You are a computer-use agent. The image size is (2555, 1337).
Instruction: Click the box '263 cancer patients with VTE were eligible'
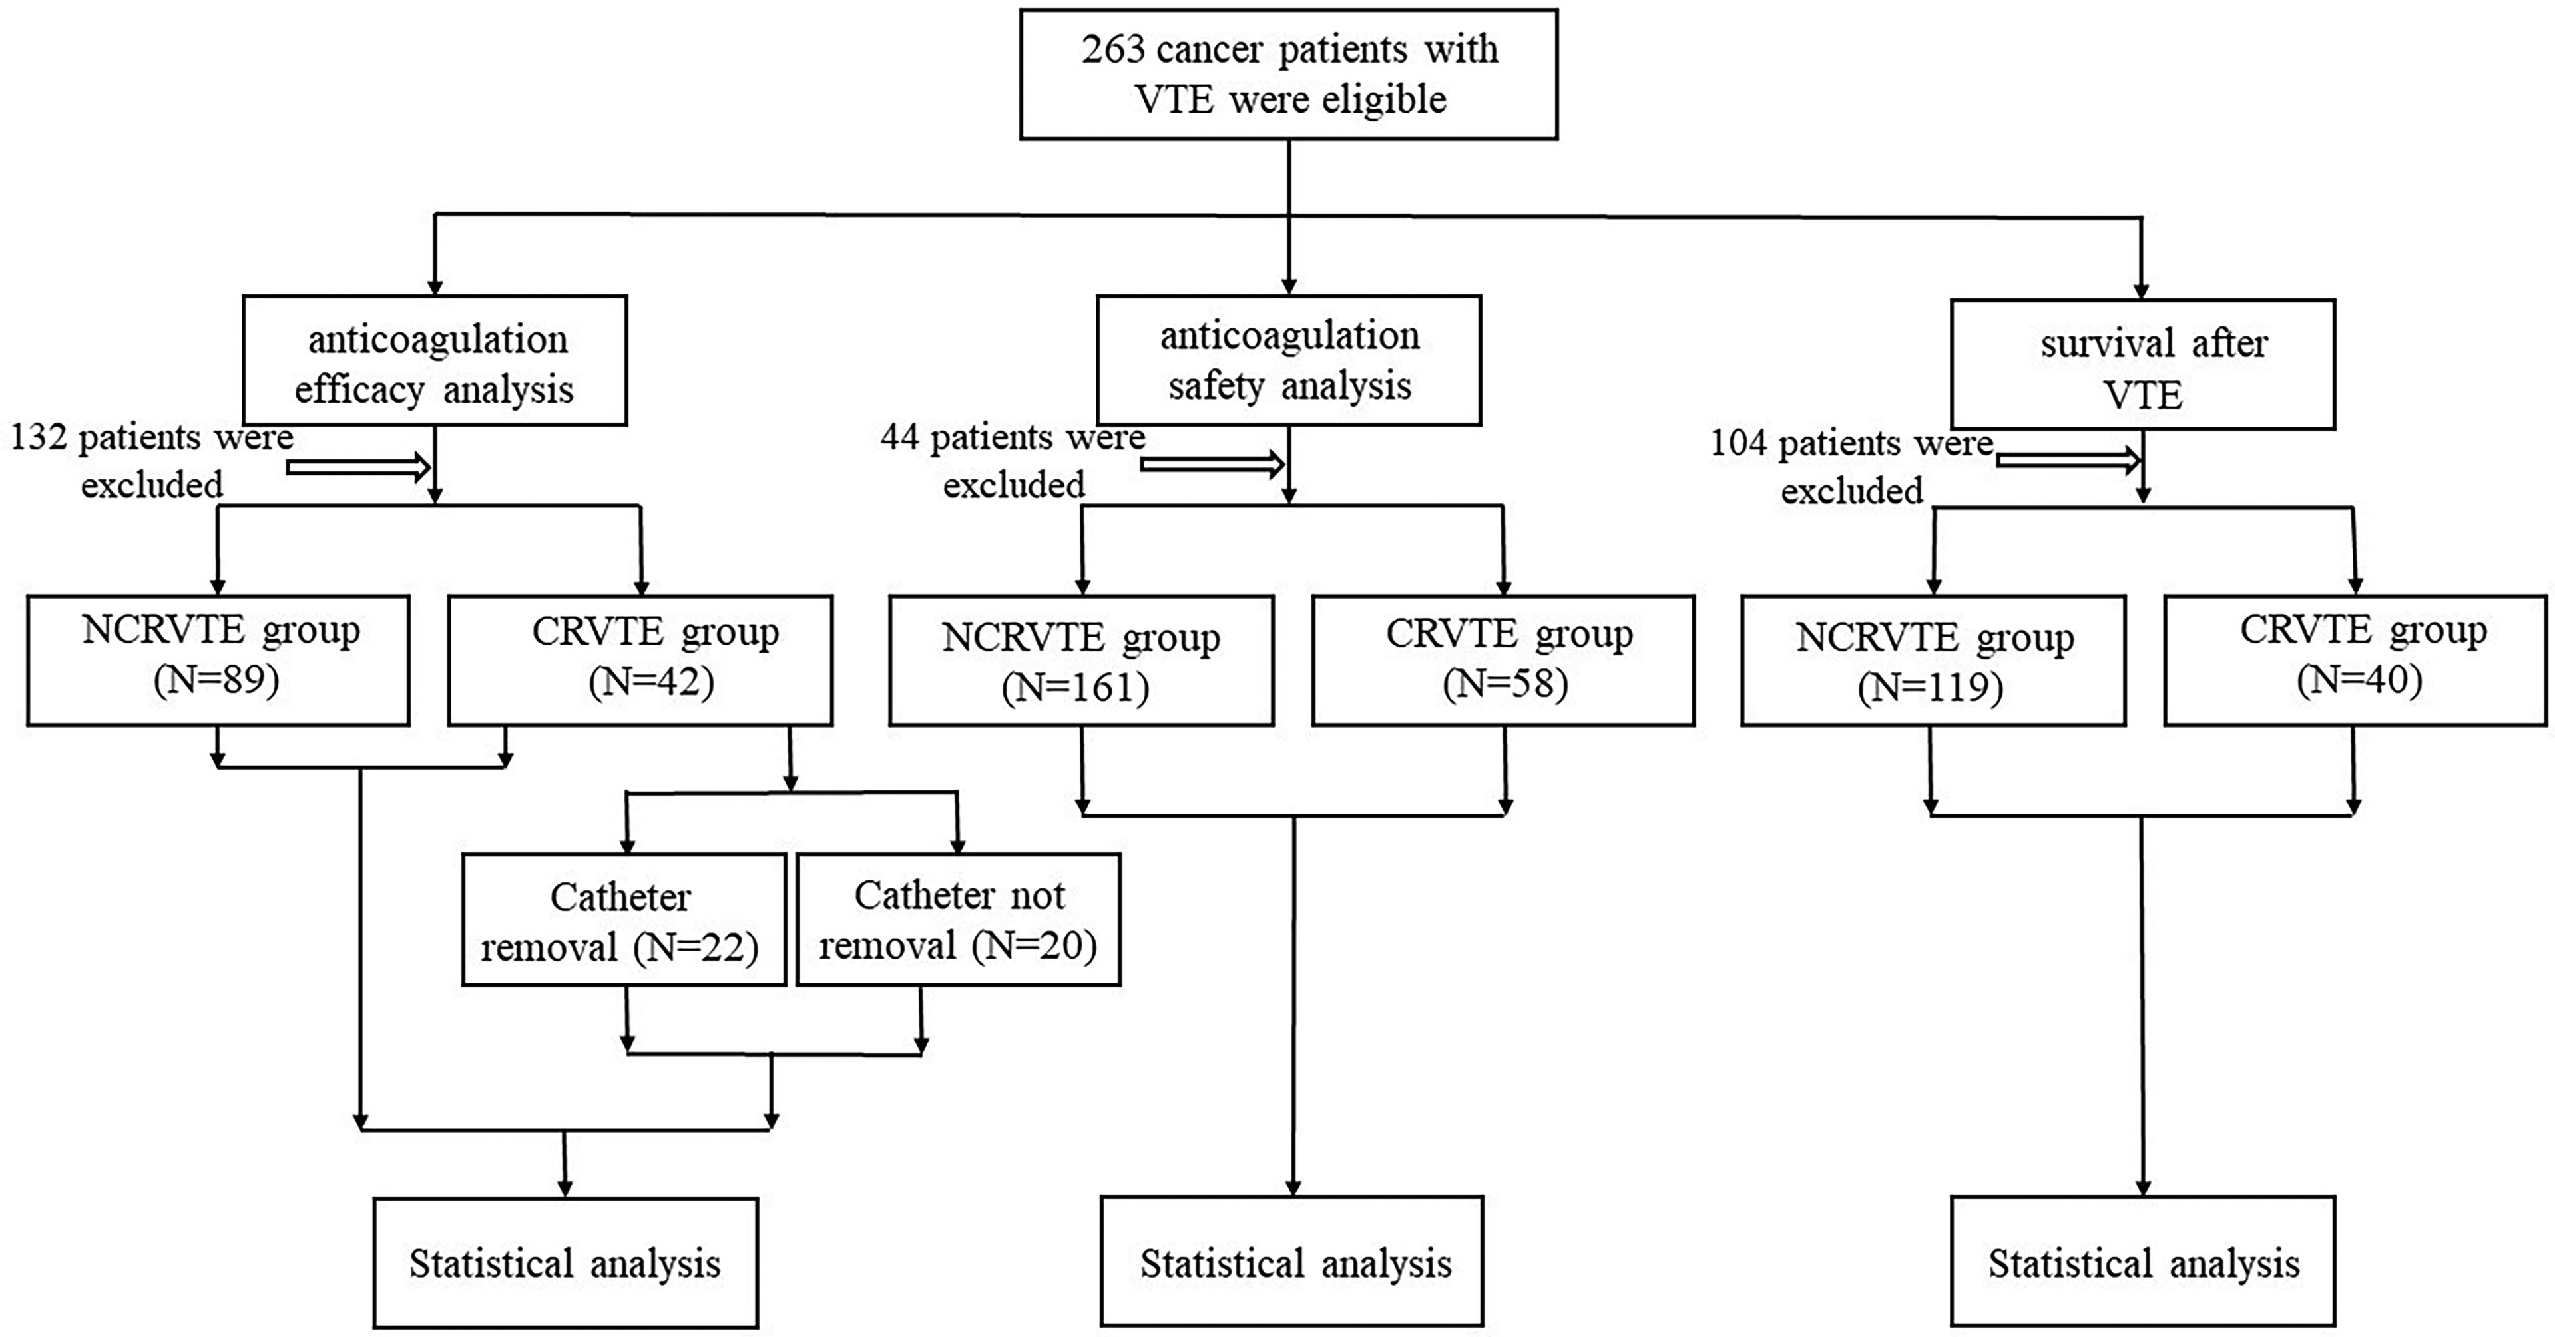tap(1288, 75)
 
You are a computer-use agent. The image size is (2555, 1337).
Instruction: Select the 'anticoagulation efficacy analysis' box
tap(435, 360)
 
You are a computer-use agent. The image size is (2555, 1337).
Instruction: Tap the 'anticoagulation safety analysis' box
tap(1288, 360)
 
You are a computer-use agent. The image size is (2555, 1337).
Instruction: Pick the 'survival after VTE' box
tap(2142, 364)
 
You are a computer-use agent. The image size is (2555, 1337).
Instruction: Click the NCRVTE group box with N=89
tap(218, 660)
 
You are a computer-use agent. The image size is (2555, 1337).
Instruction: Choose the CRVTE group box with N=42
tap(640, 660)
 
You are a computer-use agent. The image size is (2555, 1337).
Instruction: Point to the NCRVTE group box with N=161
tap(1081, 660)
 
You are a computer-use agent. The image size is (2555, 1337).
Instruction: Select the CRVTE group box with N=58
tap(1503, 660)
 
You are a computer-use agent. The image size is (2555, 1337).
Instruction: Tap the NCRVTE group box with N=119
tap(1933, 660)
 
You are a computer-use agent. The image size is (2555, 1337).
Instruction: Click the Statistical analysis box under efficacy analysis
tap(565, 1262)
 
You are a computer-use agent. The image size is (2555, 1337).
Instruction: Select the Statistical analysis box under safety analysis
tap(1291, 1260)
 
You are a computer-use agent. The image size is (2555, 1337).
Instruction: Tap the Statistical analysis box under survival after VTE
tap(2142, 1260)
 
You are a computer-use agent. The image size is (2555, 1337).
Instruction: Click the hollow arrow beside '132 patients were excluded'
tap(359, 466)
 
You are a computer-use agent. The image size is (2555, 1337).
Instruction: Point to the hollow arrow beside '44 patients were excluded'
tap(1213, 463)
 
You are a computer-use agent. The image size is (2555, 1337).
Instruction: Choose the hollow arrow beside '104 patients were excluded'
tap(2068, 459)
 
